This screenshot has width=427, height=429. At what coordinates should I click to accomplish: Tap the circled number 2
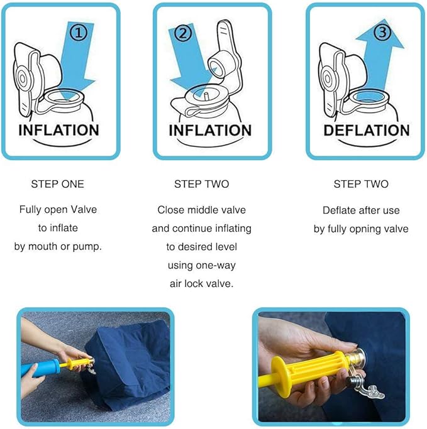[x=182, y=35]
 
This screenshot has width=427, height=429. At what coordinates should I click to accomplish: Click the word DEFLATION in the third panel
[x=366, y=130]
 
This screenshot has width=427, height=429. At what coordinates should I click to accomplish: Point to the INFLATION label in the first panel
[x=58, y=130]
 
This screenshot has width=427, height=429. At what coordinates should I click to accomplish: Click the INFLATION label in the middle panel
[x=211, y=130]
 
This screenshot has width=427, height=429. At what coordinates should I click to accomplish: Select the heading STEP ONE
[x=57, y=184]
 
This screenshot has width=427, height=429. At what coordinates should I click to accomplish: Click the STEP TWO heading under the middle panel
[x=201, y=184]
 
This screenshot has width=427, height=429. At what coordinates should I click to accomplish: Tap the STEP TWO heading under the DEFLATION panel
[x=360, y=184]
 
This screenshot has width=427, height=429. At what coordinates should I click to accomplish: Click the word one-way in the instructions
[x=215, y=265]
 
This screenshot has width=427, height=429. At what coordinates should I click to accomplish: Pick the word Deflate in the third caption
[x=339, y=210]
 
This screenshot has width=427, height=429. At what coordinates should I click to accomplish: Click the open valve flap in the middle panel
[x=223, y=53]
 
